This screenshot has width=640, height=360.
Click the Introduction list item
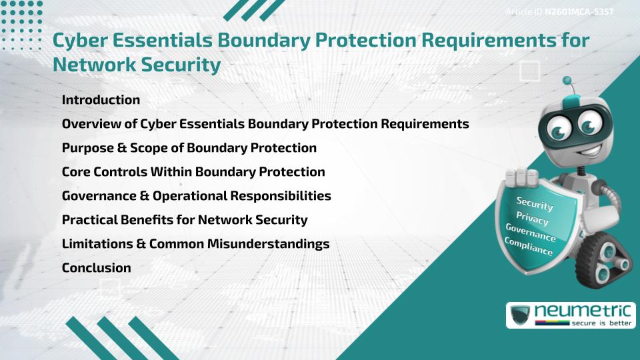tap(101, 100)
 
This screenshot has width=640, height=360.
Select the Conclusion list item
tap(96, 268)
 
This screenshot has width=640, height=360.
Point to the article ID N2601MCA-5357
tap(579, 12)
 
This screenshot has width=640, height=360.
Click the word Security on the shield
tap(535, 203)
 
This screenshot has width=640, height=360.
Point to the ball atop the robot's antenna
tap(567, 81)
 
